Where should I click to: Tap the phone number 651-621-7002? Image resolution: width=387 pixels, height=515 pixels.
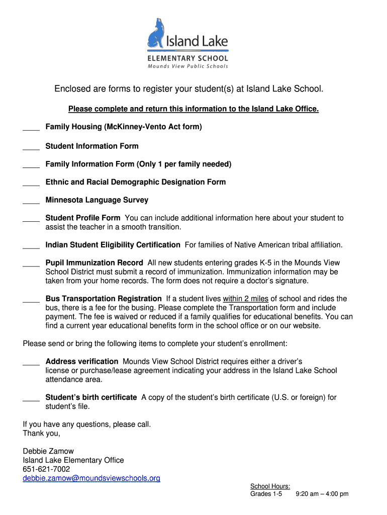click(x=47, y=469)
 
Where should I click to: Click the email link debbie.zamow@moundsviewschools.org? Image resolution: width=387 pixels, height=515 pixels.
click(x=91, y=478)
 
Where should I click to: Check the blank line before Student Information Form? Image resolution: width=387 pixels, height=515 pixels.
click(x=31, y=149)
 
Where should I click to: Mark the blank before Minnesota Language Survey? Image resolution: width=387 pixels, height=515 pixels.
click(x=31, y=203)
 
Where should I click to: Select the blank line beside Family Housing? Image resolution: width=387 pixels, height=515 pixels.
click(x=31, y=130)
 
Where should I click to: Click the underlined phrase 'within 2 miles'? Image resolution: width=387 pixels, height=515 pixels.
click(x=246, y=299)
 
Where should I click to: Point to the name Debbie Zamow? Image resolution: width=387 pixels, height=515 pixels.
click(x=48, y=451)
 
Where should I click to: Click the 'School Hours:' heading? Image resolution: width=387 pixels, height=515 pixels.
click(x=270, y=486)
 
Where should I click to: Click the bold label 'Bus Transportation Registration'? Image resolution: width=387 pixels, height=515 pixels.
click(x=104, y=299)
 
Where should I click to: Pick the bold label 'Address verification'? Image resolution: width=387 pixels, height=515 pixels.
click(x=82, y=362)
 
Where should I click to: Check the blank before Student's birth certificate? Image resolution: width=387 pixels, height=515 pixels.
click(x=31, y=400)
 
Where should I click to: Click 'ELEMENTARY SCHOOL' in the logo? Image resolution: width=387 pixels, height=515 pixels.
click(x=187, y=58)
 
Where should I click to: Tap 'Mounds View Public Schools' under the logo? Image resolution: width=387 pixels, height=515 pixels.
click(x=187, y=66)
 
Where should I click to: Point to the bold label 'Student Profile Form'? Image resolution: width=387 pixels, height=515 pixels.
click(x=83, y=218)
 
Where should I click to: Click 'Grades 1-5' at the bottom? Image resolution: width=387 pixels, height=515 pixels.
click(x=266, y=494)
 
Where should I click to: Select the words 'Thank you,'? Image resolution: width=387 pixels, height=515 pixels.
click(x=42, y=433)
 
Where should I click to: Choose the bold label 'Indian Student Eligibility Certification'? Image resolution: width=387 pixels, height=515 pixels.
click(x=113, y=245)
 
